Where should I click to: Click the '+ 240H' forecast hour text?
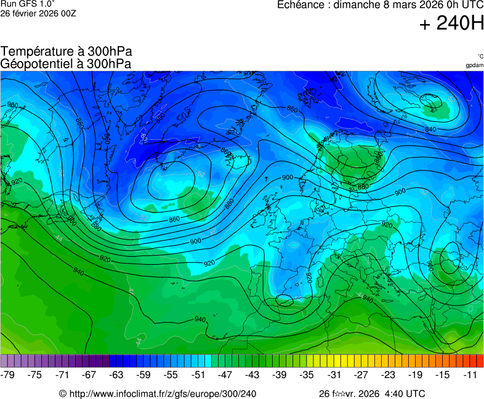tap(451, 23)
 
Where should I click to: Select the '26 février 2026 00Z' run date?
tap(38, 13)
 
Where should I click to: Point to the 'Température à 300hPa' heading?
tap(67, 52)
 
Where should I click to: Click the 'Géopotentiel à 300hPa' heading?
tap(66, 63)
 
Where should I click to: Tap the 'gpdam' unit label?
tap(474, 65)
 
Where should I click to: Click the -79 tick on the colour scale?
tap(8, 374)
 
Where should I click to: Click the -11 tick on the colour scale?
tap(470, 374)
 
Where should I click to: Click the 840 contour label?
tap(430, 129)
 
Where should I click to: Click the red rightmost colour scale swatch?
tap(480, 361)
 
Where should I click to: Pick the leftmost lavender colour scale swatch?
tap(4, 361)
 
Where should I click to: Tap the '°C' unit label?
tap(480, 56)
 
